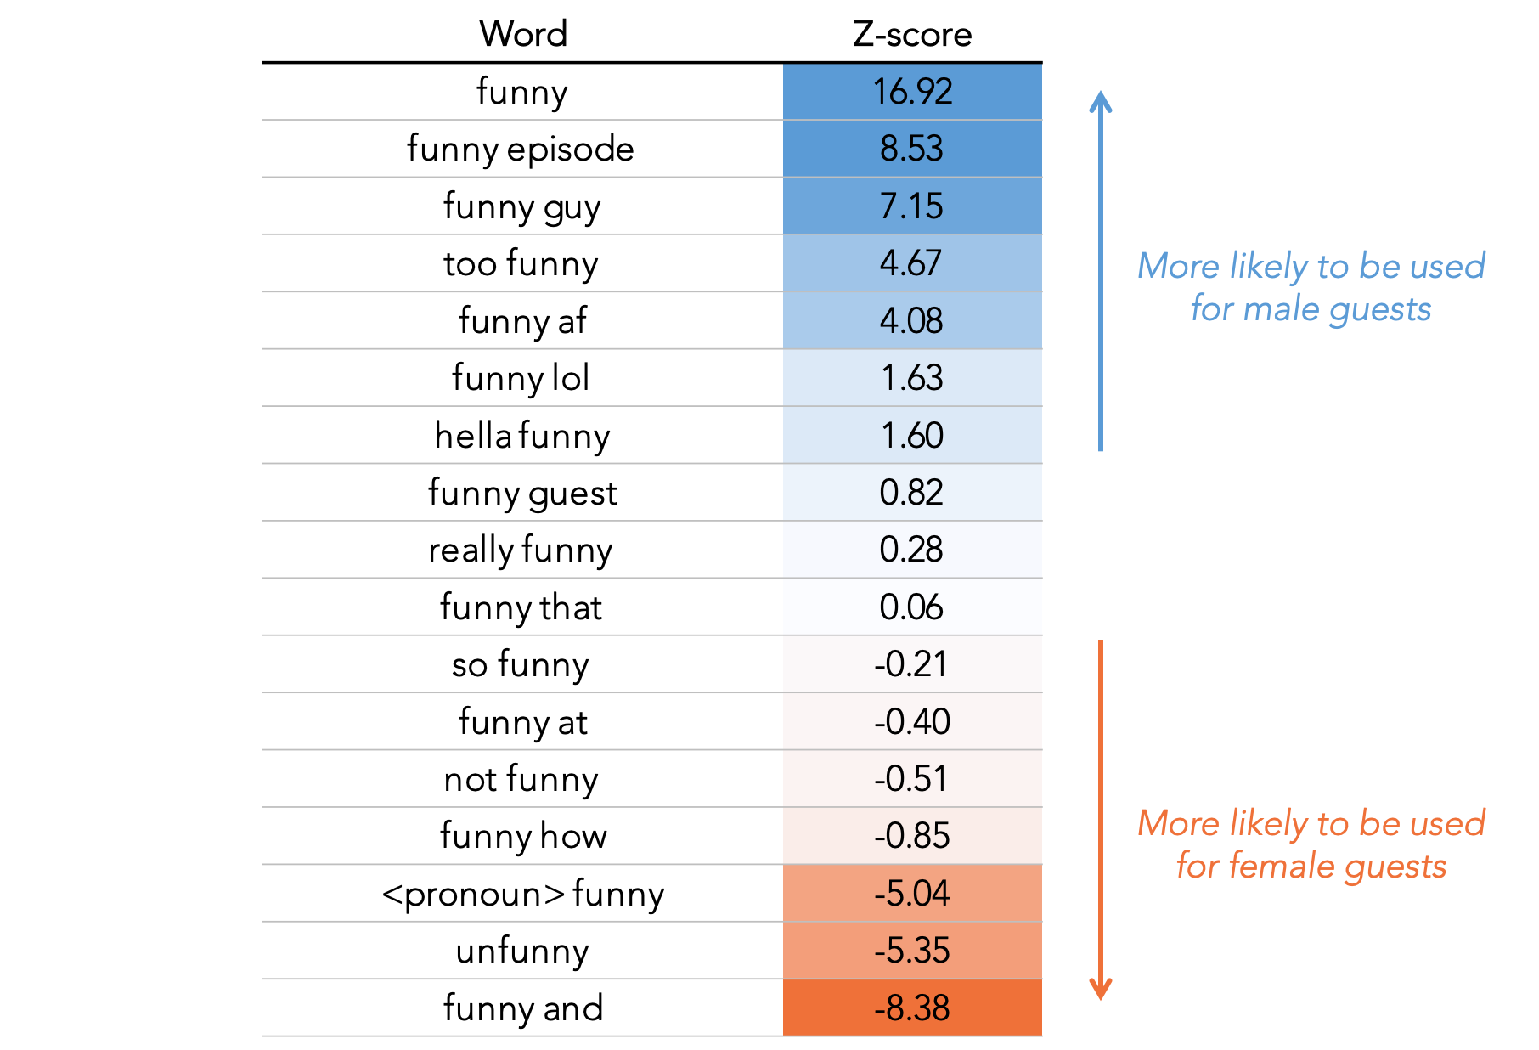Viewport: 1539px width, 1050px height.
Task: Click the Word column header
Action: click(x=522, y=34)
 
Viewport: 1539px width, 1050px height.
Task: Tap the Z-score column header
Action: click(x=912, y=34)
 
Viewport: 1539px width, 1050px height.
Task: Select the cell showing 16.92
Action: click(x=912, y=92)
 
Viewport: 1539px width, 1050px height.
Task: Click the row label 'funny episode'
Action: click(x=521, y=149)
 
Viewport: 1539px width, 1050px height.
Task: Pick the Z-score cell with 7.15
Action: click(x=912, y=206)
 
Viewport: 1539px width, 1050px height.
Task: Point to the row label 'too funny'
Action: click(x=521, y=263)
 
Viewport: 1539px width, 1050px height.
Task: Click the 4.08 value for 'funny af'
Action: click(x=912, y=321)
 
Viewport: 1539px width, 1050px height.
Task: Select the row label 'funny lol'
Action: click(x=521, y=378)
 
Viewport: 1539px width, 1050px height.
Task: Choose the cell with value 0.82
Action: click(x=912, y=493)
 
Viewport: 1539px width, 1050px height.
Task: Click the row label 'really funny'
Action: click(x=521, y=550)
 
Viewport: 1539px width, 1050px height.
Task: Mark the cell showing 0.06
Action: click(x=912, y=607)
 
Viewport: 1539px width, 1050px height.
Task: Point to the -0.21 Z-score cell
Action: click(x=912, y=664)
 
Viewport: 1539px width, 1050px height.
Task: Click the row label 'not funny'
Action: click(x=521, y=779)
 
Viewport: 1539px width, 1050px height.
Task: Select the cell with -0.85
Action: click(x=912, y=836)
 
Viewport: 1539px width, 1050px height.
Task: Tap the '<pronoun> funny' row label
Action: click(x=522, y=894)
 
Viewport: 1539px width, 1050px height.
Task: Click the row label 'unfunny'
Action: click(x=522, y=951)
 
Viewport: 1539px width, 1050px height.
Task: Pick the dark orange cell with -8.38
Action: click(x=912, y=1008)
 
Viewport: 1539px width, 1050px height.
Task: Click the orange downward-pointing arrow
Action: click(x=1101, y=820)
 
